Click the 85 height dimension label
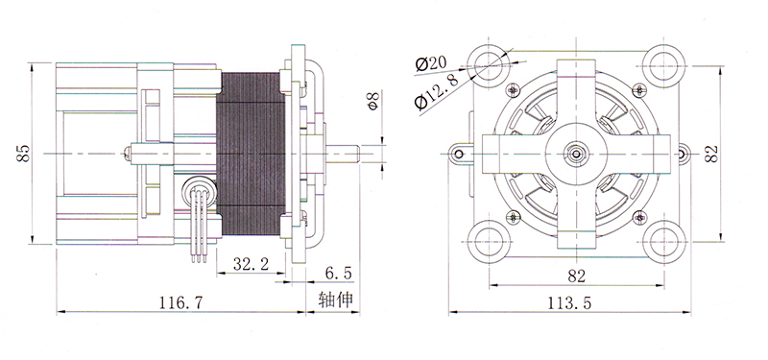[x=24, y=154]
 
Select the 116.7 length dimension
[x=180, y=302]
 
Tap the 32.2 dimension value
[x=251, y=265]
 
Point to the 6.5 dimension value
[x=339, y=273]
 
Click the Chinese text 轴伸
[x=335, y=300]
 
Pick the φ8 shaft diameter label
[x=373, y=101]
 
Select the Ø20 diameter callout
[x=430, y=63]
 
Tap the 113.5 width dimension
[x=569, y=302]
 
